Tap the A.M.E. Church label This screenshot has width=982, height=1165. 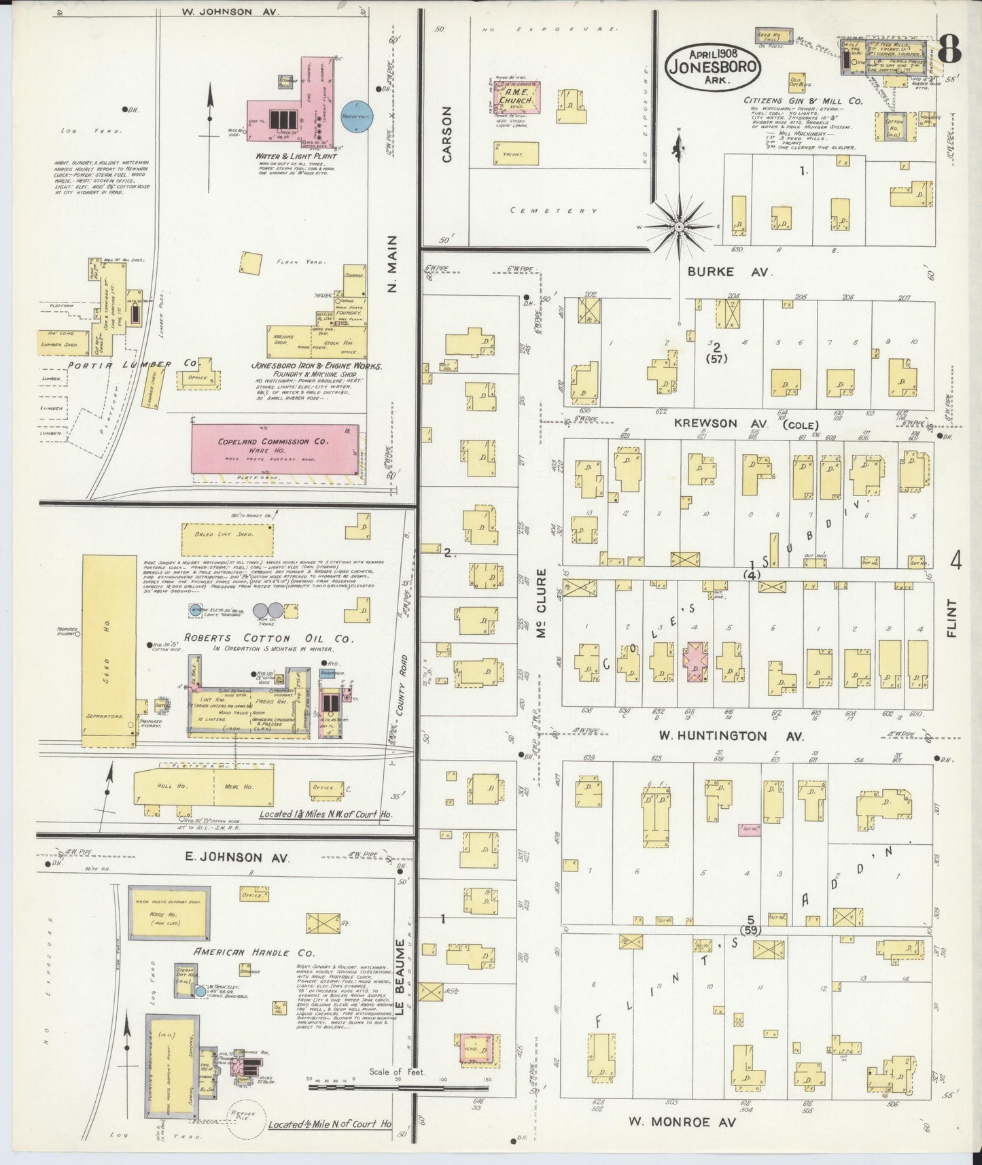516,93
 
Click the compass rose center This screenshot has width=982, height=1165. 679,226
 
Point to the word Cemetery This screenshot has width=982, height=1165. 553,211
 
